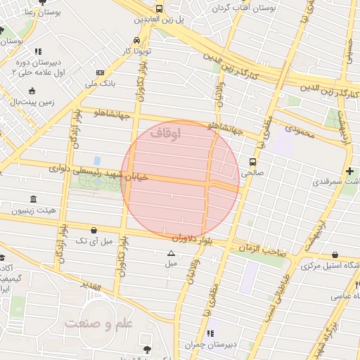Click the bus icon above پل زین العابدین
160,8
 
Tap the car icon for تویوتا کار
136,40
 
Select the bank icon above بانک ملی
100,72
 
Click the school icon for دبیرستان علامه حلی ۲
38,51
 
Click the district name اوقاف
166,132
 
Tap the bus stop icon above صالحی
253,160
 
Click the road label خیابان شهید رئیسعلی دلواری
98,173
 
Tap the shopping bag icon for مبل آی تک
94,229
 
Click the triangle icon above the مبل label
171,253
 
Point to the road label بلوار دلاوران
173,239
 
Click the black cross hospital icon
349,171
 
